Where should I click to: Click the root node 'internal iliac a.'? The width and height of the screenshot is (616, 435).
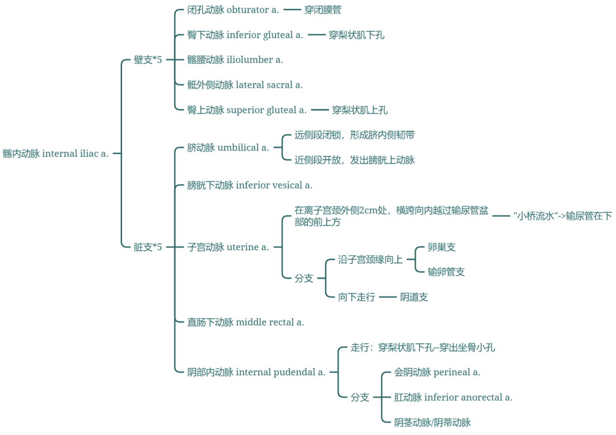(55, 153)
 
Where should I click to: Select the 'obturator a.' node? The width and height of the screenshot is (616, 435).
(233, 10)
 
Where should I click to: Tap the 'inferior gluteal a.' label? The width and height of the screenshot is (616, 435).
(245, 35)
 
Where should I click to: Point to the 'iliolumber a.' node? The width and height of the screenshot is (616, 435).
(235, 60)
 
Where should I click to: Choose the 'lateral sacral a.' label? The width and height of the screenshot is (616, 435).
(245, 85)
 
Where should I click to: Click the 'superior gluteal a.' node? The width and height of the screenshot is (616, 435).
(247, 110)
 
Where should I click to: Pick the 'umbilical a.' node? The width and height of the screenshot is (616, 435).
(228, 148)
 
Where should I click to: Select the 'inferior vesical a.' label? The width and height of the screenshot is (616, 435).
(250, 185)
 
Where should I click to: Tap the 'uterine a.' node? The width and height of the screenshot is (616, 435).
(228, 247)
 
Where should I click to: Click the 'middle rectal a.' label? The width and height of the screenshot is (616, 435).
(246, 322)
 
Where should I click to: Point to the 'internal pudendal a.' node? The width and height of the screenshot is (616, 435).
(256, 372)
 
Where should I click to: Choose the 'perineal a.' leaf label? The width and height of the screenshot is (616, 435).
(437, 372)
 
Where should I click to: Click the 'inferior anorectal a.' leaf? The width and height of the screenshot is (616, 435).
(453, 397)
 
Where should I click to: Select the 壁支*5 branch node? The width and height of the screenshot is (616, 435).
(148, 60)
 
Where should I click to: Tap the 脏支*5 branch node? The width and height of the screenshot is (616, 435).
(148, 247)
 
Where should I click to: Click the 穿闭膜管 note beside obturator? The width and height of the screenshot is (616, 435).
(323, 10)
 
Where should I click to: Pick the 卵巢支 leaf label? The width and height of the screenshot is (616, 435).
(441, 247)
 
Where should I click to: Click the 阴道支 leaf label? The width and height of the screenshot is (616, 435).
(414, 297)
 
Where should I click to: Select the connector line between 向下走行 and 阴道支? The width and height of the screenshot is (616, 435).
(387, 297)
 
